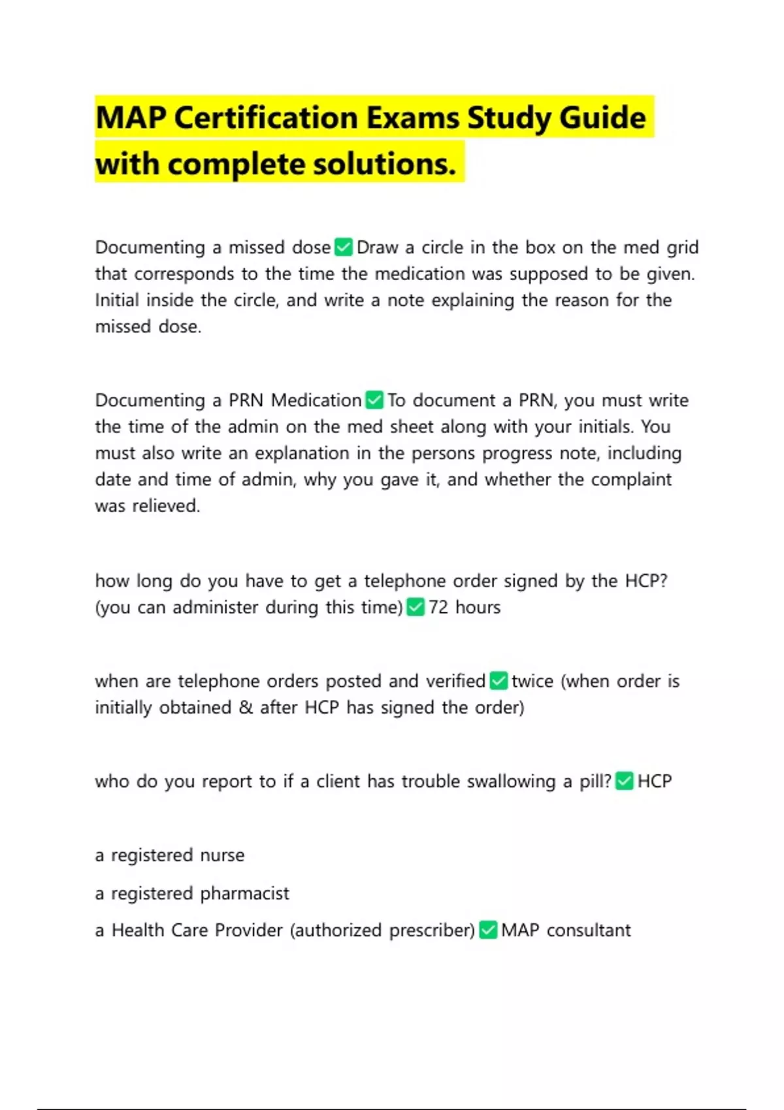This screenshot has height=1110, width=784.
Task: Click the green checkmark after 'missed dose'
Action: tap(344, 247)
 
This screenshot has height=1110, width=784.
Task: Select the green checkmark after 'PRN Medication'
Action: tap(374, 400)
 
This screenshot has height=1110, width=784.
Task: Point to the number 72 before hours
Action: tap(438, 607)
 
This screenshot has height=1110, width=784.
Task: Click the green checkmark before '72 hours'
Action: tap(416, 607)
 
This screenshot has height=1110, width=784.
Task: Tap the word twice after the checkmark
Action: tap(532, 681)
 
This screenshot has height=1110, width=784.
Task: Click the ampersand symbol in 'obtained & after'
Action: tap(246, 708)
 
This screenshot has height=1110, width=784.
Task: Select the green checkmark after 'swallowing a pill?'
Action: tap(625, 781)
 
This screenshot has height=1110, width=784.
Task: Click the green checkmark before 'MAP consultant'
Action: tap(488, 930)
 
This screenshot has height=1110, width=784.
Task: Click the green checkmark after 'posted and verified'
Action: tap(498, 681)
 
